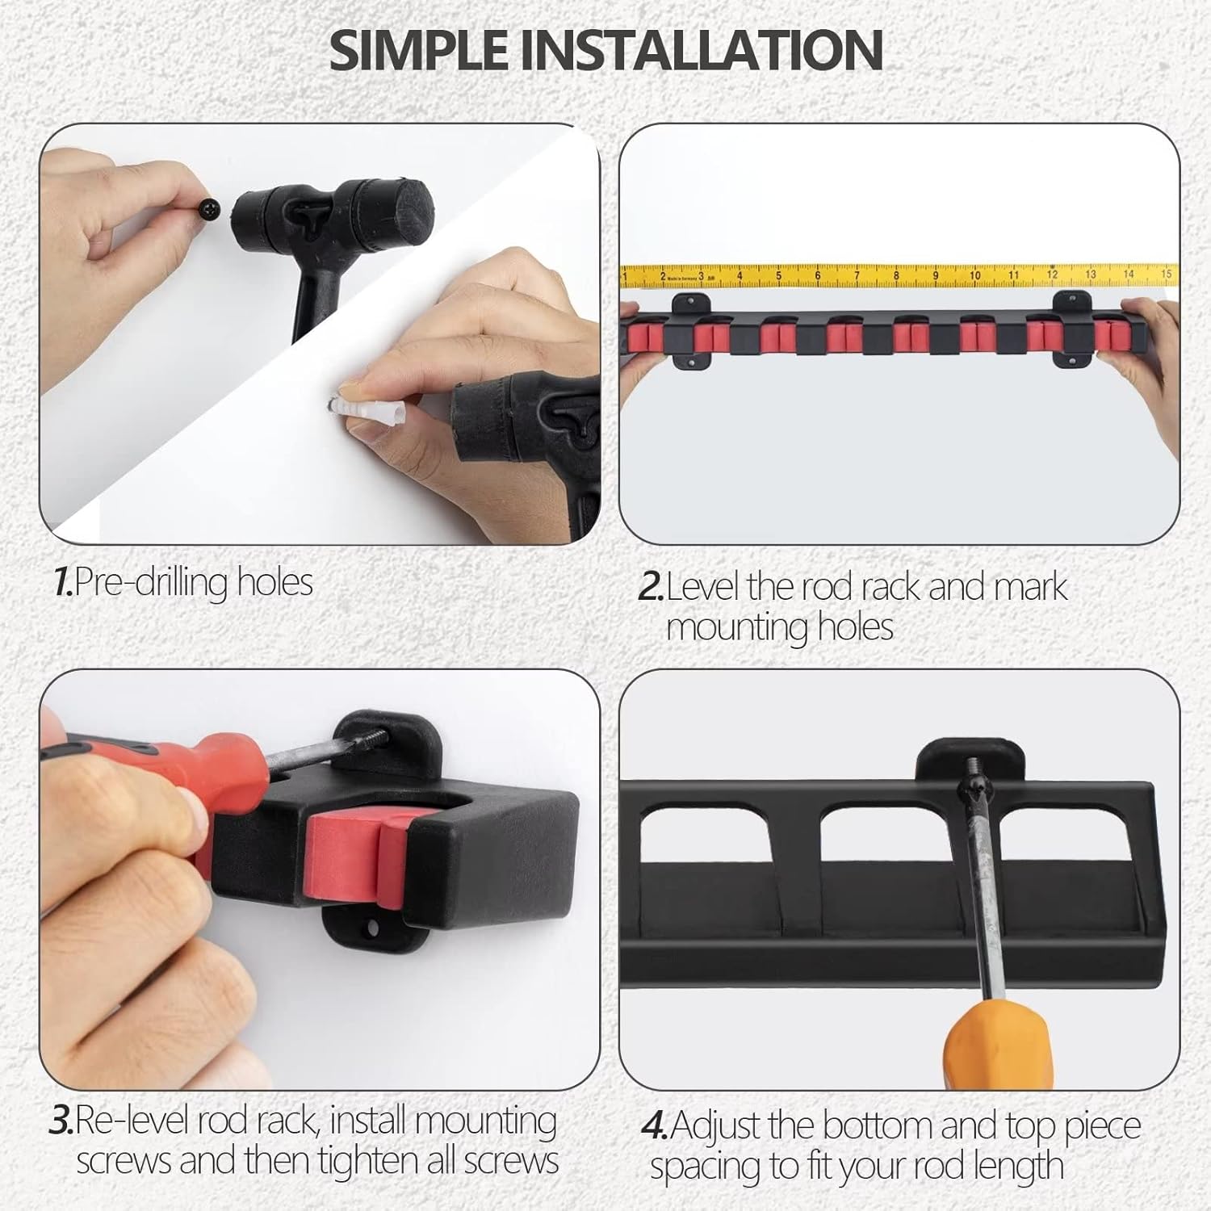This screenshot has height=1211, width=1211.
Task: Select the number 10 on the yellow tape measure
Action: click(x=974, y=276)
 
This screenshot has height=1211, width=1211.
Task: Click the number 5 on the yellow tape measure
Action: click(x=778, y=276)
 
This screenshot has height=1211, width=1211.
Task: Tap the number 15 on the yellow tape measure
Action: click(x=1166, y=274)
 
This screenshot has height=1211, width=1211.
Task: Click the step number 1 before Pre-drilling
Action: click(x=63, y=582)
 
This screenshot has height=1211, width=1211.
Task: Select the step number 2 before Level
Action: click(x=651, y=587)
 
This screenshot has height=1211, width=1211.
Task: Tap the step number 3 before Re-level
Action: click(x=61, y=1121)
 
